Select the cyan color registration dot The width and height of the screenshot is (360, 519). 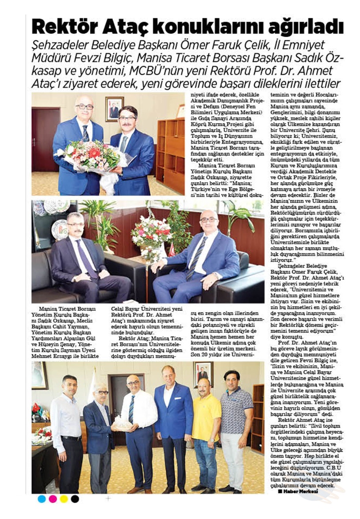(42, 499)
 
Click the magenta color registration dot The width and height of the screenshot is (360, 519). (53, 499)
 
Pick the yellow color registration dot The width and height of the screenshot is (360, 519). (64, 499)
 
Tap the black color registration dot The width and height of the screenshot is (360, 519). (75, 499)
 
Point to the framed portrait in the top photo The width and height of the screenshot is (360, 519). (114, 109)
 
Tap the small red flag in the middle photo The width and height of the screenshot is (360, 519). (172, 250)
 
